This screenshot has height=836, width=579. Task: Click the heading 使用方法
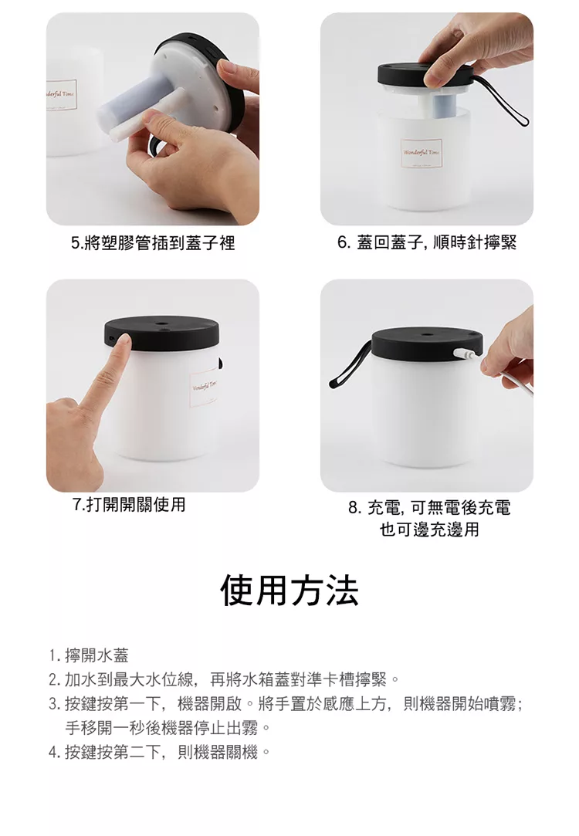pos(289,591)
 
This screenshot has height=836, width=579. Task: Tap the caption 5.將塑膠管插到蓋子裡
pos(153,243)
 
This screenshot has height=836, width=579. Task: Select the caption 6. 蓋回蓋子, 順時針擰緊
pos(427,242)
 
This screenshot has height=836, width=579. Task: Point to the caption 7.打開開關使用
pos(128,504)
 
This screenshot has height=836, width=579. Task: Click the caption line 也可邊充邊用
pos(429,530)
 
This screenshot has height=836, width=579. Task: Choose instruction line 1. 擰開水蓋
pos(89,655)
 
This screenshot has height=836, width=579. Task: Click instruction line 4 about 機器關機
pos(159,753)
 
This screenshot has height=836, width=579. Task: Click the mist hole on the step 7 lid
pos(161,323)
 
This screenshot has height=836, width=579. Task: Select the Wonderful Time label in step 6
pos(422,154)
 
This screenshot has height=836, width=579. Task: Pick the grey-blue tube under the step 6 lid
pos(443,106)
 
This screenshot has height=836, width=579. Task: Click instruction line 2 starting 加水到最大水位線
pos(224,679)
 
